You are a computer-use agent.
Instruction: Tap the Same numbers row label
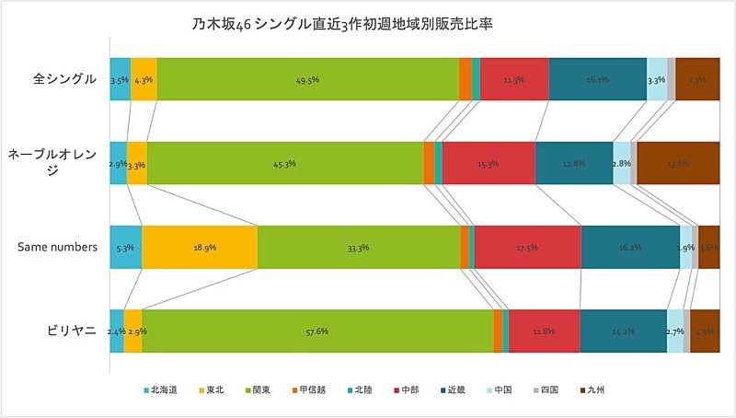click(58, 247)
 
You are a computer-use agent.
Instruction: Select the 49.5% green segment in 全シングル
click(307, 79)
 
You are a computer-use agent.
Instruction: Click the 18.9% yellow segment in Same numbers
click(200, 247)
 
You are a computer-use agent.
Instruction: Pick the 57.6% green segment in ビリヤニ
click(317, 331)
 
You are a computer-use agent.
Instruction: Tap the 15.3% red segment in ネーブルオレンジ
click(489, 163)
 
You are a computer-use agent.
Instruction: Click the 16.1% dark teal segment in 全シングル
click(598, 79)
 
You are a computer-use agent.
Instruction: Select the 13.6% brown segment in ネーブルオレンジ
click(678, 163)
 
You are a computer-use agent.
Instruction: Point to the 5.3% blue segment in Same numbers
click(126, 247)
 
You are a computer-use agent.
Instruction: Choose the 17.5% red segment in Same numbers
click(527, 247)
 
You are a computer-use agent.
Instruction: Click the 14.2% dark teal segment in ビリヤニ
click(623, 331)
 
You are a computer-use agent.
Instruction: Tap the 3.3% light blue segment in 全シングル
click(657, 79)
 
